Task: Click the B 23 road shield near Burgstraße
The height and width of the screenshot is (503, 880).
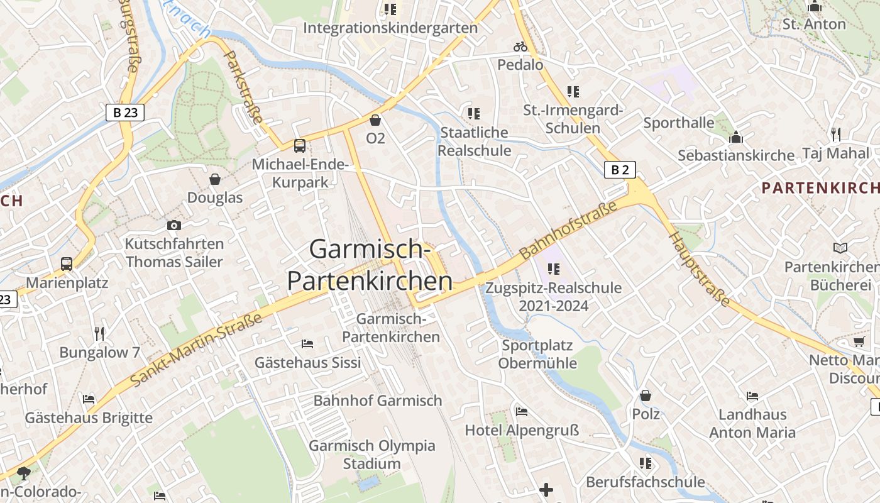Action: (125, 113)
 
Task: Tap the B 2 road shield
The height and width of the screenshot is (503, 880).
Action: (620, 169)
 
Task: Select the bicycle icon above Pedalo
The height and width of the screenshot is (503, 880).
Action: (520, 47)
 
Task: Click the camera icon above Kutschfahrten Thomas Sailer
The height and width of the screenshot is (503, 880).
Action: (174, 225)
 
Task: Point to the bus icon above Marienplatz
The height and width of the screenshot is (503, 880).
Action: (67, 264)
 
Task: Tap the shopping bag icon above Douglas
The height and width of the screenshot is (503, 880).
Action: (215, 180)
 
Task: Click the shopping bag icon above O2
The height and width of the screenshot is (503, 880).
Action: (375, 119)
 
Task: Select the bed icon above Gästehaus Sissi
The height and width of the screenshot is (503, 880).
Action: (307, 343)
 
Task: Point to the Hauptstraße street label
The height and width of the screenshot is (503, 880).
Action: (700, 270)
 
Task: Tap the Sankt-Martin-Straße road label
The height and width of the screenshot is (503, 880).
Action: (196, 350)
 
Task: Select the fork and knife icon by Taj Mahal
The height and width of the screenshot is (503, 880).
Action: (835, 134)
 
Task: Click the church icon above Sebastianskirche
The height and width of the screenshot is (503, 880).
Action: (735, 137)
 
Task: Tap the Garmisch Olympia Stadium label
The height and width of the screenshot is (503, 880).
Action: (371, 455)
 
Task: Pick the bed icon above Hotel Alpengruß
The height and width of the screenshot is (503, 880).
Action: (521, 412)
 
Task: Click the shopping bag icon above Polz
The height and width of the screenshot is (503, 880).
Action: (646, 395)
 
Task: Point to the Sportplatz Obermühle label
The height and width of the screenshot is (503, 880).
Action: (537, 354)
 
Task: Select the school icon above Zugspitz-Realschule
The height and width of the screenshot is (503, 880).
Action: (553, 269)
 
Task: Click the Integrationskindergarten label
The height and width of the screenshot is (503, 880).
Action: (390, 28)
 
